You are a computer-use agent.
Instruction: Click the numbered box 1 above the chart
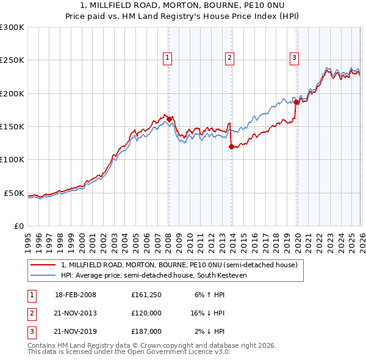tap(167, 58)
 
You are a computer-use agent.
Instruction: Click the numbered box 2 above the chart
tap(229, 58)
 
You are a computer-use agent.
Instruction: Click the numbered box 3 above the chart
tap(294, 58)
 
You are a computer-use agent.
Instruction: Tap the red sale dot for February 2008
tap(169, 119)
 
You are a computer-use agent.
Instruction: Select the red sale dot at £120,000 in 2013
tap(231, 146)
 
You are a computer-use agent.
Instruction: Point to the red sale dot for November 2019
tap(296, 103)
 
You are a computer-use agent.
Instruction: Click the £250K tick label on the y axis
tap(12, 60)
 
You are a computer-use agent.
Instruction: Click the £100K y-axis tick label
tap(12, 160)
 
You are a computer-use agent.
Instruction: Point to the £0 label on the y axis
tap(18, 226)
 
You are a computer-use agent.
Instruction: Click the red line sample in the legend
tap(44, 265)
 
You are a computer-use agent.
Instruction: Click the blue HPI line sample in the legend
tap(44, 275)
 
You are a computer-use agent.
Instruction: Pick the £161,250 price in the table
tap(146, 295)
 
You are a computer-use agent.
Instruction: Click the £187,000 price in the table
tap(146, 331)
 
